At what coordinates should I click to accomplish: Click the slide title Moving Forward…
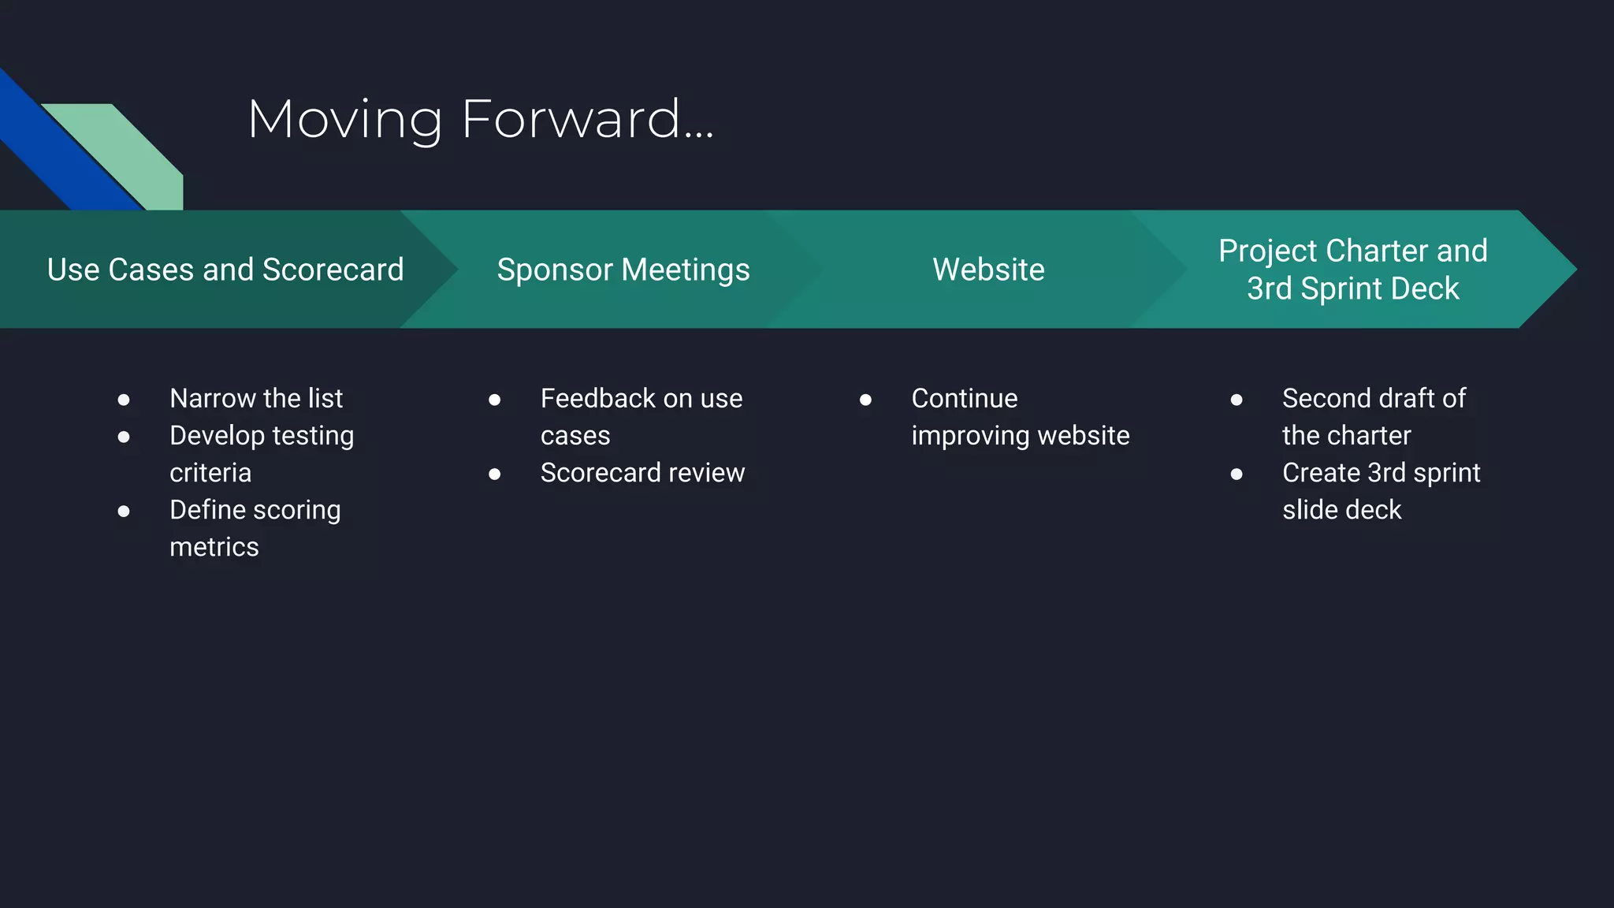point(480,120)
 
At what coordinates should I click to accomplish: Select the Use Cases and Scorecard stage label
point(225,270)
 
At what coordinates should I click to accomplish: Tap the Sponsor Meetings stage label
point(623,270)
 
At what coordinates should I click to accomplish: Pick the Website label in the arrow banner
point(988,270)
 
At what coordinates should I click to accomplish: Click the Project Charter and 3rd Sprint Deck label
point(1352,270)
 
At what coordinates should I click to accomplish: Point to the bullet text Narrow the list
point(256,399)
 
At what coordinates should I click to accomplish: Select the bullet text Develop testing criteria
point(261,454)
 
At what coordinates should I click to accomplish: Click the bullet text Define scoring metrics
point(255,528)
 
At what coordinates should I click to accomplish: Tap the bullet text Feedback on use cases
point(641,417)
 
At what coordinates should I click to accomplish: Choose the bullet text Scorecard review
point(642,473)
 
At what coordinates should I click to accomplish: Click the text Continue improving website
point(1020,417)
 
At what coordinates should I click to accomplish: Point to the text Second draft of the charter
point(1373,417)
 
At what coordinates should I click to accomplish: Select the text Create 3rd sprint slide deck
point(1381,491)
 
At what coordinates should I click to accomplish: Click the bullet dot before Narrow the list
point(124,400)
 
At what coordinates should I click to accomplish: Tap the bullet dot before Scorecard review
point(495,474)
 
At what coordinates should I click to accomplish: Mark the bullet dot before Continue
point(865,400)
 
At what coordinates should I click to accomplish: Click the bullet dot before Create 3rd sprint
point(1237,474)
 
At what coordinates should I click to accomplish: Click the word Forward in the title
point(571,120)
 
